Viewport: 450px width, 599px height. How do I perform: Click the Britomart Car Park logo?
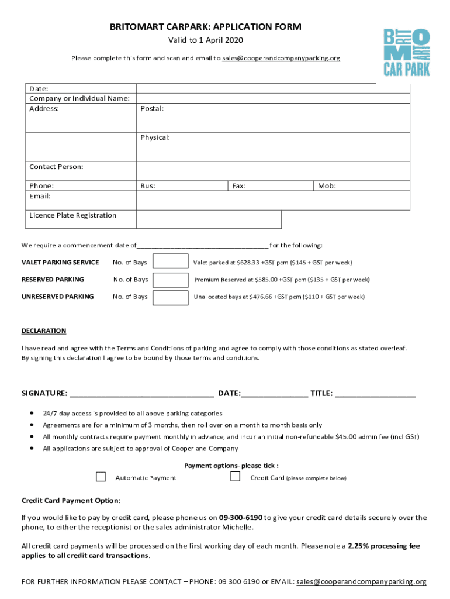pyautogui.click(x=406, y=53)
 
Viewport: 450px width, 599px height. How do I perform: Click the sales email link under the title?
pyautogui.click(x=281, y=58)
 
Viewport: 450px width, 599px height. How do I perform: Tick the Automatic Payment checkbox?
pyautogui.click(x=101, y=477)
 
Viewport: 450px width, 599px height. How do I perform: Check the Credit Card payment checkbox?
pyautogui.click(x=235, y=477)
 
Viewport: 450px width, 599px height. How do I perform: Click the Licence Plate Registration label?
pyautogui.click(x=73, y=215)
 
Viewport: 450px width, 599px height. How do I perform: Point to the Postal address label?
pyautogui.click(x=152, y=109)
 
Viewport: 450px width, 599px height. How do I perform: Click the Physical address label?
pyautogui.click(x=155, y=137)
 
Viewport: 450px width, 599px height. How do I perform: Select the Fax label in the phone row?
pyautogui.click(x=238, y=186)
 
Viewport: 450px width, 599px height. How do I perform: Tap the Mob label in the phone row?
pyautogui.click(x=327, y=186)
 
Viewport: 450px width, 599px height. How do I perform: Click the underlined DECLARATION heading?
pyautogui.click(x=44, y=331)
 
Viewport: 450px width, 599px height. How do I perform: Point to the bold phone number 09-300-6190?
pyautogui.click(x=240, y=518)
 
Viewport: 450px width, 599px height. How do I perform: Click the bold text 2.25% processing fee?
pyautogui.click(x=383, y=546)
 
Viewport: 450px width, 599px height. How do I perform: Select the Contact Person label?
pyautogui.click(x=56, y=167)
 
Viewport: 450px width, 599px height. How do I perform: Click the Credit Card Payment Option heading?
pyautogui.click(x=71, y=501)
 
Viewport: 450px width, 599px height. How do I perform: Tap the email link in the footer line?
pyautogui.click(x=361, y=582)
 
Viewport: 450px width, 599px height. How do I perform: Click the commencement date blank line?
pyautogui.click(x=202, y=246)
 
